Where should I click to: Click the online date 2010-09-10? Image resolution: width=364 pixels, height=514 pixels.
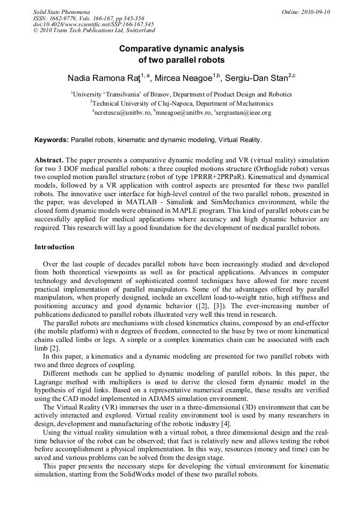(x=315, y=11)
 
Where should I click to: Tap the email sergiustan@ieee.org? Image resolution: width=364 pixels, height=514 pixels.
(x=244, y=113)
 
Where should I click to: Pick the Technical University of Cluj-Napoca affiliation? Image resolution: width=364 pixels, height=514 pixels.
(x=183, y=103)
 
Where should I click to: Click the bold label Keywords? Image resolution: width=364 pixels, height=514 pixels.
(x=52, y=140)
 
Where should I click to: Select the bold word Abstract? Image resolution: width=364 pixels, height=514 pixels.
(x=49, y=160)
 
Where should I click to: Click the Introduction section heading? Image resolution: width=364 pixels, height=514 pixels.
(x=54, y=247)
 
